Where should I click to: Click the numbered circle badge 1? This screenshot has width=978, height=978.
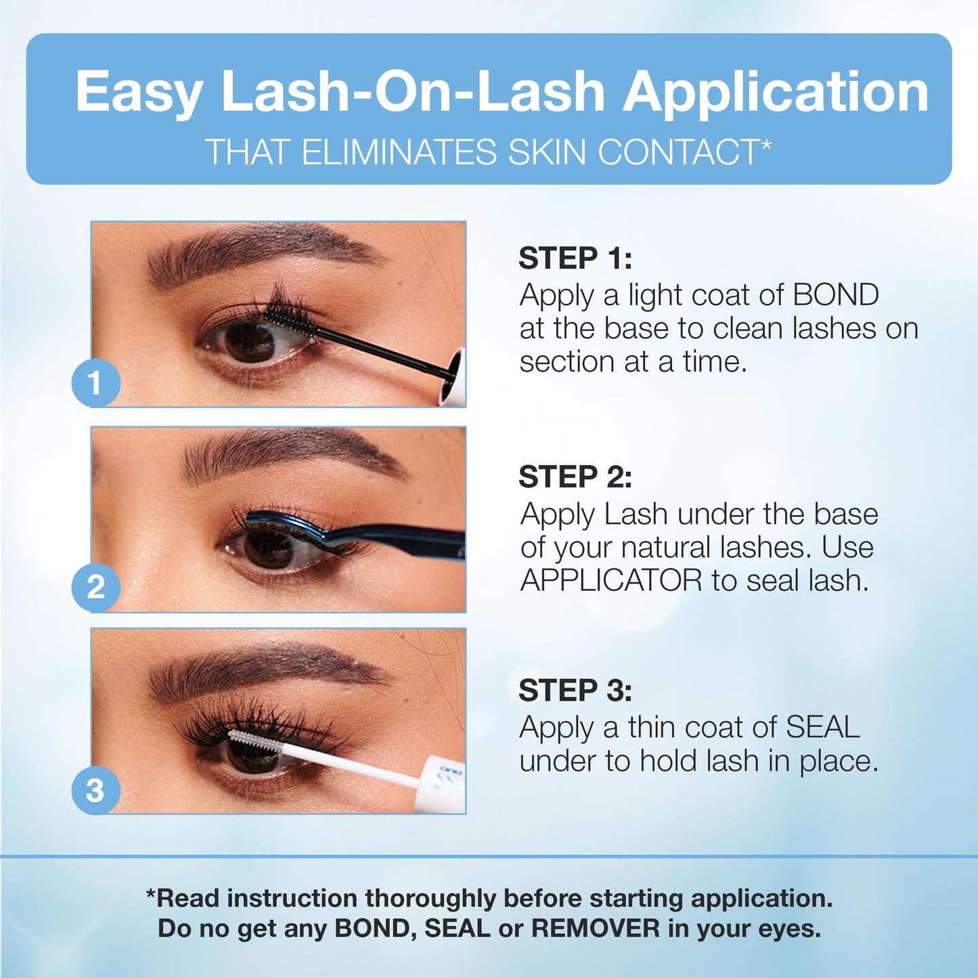click(x=96, y=382)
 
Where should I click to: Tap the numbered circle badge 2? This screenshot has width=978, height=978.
click(x=96, y=587)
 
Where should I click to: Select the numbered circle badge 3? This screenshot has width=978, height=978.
click(x=96, y=791)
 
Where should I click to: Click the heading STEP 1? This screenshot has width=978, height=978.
click(x=575, y=258)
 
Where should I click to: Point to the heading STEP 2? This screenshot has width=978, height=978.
click(x=575, y=476)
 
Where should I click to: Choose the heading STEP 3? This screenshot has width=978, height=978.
click(x=575, y=690)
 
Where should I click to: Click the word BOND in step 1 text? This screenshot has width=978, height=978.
click(x=835, y=295)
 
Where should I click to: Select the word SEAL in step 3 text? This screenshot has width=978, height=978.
click(x=823, y=728)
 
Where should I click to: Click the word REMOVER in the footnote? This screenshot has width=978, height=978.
click(x=596, y=929)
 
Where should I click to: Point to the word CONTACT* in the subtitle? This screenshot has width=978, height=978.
click(x=685, y=151)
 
